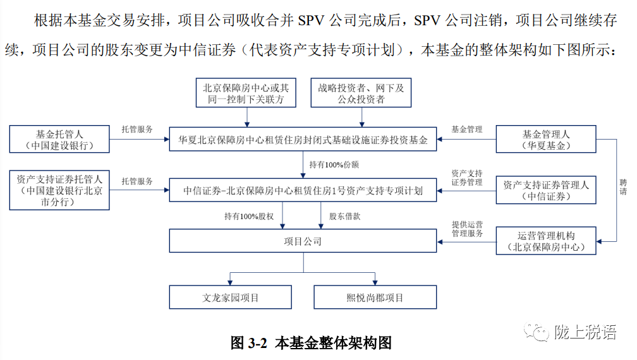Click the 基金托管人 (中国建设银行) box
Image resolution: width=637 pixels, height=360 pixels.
(60, 140)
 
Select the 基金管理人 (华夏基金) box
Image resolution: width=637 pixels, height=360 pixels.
(545, 140)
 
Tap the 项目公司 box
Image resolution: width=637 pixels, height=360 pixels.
(303, 241)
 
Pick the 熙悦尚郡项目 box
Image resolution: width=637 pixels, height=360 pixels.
(375, 297)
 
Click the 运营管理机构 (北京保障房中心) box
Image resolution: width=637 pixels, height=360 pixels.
(545, 241)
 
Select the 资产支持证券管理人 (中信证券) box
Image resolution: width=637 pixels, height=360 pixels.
(545, 190)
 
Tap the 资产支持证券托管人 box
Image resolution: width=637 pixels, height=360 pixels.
(60, 190)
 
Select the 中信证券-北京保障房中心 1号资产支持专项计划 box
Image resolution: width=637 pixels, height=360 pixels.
(303, 189)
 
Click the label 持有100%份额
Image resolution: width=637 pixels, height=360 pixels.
(334, 164)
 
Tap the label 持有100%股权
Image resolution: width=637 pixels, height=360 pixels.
(248, 216)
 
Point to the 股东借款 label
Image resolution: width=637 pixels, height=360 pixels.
(345, 216)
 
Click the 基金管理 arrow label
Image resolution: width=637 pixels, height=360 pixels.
(466, 129)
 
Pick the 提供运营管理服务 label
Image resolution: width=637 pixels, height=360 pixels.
(468, 229)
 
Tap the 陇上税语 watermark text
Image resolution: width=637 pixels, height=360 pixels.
(585, 333)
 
